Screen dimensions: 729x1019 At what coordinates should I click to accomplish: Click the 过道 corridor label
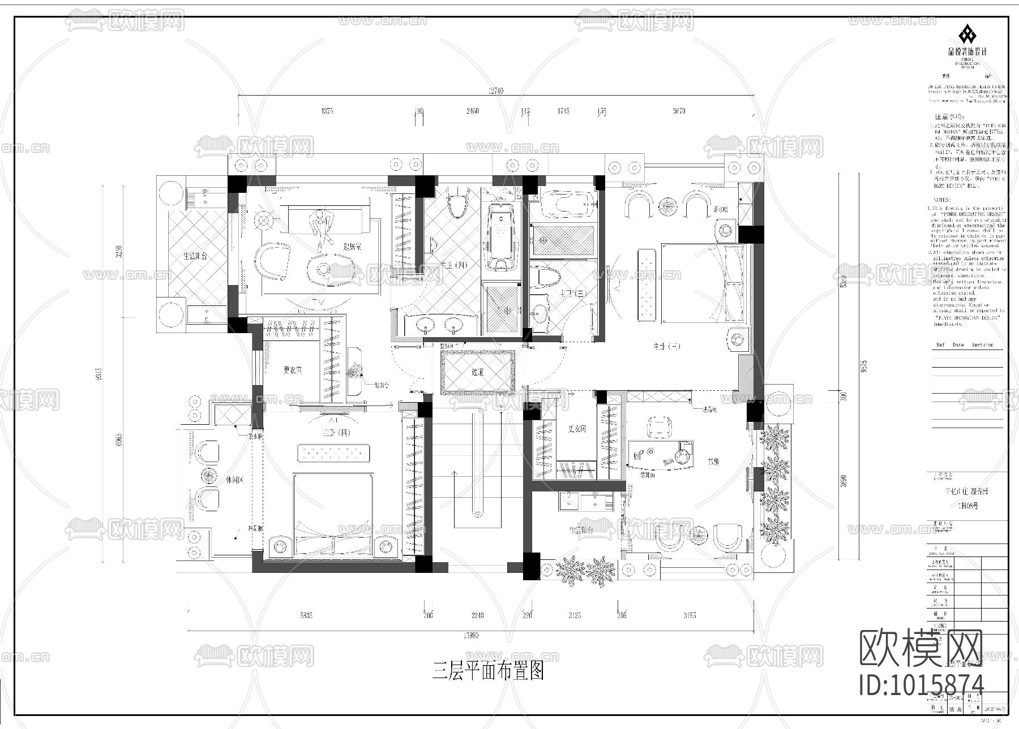(477, 372)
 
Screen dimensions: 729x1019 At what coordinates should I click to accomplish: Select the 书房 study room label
(713, 461)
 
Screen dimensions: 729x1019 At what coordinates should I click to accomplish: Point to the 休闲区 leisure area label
(234, 480)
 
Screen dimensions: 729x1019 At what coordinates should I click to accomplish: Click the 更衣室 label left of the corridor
(293, 370)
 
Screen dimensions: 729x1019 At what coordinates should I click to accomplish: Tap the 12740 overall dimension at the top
(495, 91)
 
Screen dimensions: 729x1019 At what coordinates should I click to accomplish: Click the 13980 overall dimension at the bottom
(471, 636)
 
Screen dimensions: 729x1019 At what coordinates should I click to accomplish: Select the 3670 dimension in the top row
(678, 111)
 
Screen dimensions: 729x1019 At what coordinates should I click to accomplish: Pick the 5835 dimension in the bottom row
(306, 615)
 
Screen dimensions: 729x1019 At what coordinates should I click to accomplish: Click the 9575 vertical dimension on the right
(863, 366)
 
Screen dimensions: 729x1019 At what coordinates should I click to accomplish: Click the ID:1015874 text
(921, 684)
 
